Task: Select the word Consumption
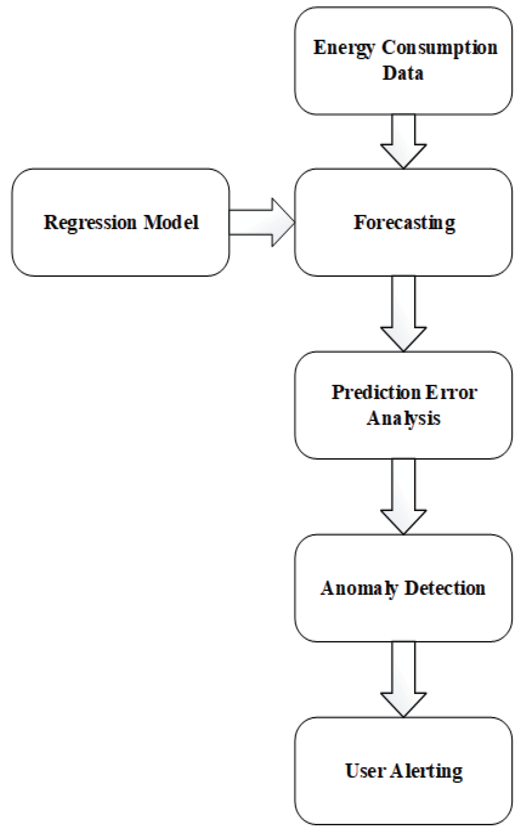tap(439, 48)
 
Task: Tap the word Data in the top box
tap(403, 73)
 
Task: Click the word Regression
tap(90, 223)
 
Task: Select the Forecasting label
tap(404, 223)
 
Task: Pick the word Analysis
tap(403, 418)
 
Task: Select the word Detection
tap(445, 588)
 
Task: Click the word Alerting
tap(426, 771)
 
